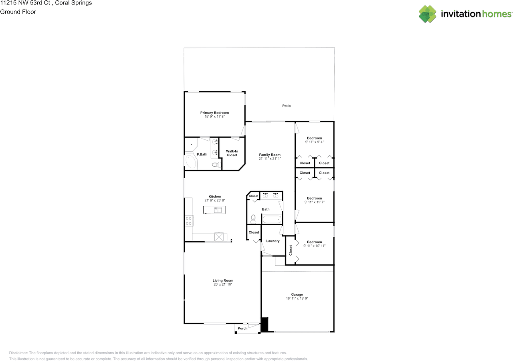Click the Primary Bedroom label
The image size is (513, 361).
pos(214,113)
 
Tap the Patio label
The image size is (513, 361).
pos(286,106)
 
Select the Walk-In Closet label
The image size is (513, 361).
pos(232,153)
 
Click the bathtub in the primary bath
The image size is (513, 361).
pos(191,162)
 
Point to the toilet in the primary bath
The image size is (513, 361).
pos(216,165)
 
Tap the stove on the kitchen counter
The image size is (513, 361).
pos(189,221)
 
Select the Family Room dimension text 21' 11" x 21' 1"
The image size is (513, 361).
pos(270,159)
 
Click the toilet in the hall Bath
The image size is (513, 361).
pos(253,218)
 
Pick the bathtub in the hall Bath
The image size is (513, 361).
pos(272,219)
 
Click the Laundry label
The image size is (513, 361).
pos(273,241)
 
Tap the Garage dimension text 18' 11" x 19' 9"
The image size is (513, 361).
pos(297,298)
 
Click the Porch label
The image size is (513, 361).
pos(242,329)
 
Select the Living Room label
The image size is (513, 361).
pos(223,280)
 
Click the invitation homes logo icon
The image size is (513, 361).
pos(428,14)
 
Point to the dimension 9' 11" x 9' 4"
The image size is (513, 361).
pos(314,142)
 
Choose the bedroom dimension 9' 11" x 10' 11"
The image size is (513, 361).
pos(314,246)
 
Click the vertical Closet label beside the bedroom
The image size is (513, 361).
pos(291,250)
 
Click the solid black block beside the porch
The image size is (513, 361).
pos(265,325)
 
